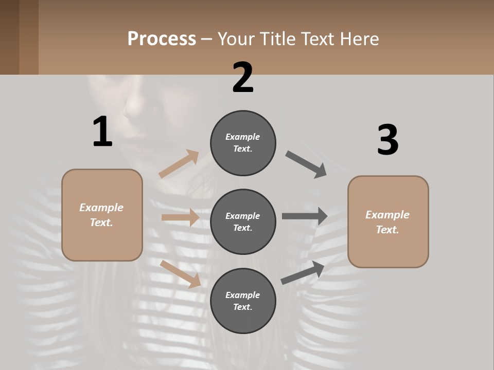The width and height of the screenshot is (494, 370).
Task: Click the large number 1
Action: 102,132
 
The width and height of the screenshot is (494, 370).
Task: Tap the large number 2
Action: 243,78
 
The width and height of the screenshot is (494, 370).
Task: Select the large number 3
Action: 387,140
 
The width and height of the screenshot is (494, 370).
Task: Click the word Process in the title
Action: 162,39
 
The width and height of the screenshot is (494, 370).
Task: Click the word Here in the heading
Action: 358,39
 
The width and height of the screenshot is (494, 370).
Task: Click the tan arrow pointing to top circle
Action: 179,164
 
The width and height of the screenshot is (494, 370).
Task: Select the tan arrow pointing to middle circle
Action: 180,217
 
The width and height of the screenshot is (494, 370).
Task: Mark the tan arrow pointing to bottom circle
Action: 180,274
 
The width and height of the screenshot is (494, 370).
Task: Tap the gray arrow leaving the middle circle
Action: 304,216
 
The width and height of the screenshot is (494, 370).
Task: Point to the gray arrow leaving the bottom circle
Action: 303,273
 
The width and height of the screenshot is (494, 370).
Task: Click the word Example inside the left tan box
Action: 101,208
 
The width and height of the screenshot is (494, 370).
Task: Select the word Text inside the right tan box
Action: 387,230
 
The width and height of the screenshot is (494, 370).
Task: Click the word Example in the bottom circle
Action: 243,295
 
